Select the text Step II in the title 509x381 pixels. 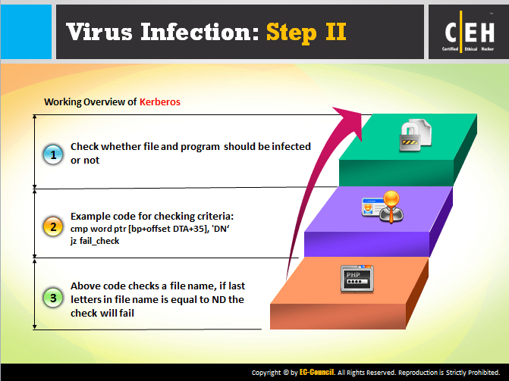coord(306,31)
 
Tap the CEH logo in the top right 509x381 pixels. coord(469,31)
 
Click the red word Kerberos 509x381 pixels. coord(160,101)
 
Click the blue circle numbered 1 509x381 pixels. coord(52,155)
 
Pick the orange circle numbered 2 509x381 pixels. coord(52,226)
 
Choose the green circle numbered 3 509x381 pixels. coord(52,298)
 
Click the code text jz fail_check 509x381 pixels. coord(95,240)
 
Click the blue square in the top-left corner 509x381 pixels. coord(26,31)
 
